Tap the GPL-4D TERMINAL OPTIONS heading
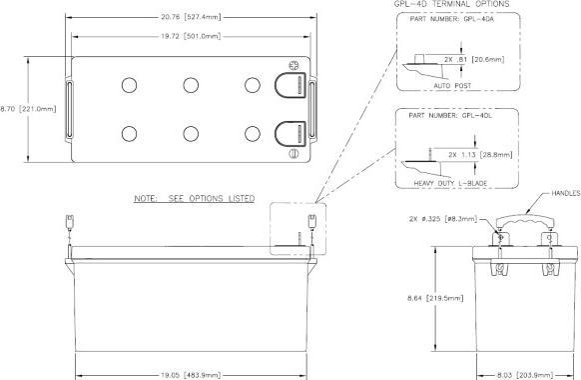[432, 4]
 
